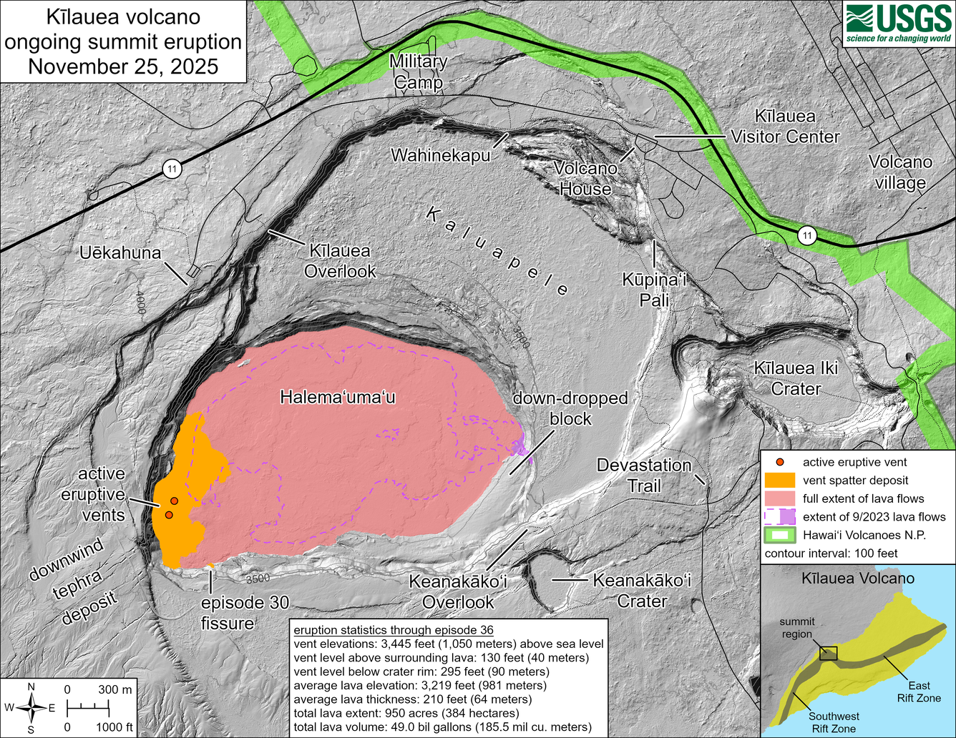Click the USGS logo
[x=898, y=24]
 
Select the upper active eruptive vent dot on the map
[x=174, y=501]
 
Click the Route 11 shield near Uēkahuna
[x=171, y=169]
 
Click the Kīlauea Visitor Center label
[x=785, y=127]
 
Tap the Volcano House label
[x=585, y=179]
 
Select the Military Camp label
[x=419, y=72]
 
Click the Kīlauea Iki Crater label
[x=796, y=378]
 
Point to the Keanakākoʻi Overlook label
[x=458, y=591]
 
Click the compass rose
[x=31, y=708]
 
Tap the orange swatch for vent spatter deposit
[x=779, y=480]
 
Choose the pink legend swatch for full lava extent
[x=779, y=498]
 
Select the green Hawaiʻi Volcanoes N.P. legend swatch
[x=779, y=535]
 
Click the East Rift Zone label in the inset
[x=919, y=692]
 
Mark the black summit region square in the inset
[x=828, y=653]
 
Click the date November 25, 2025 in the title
[x=122, y=67]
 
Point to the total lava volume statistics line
[x=442, y=727]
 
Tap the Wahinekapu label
[x=440, y=154]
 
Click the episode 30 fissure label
[x=245, y=613]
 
